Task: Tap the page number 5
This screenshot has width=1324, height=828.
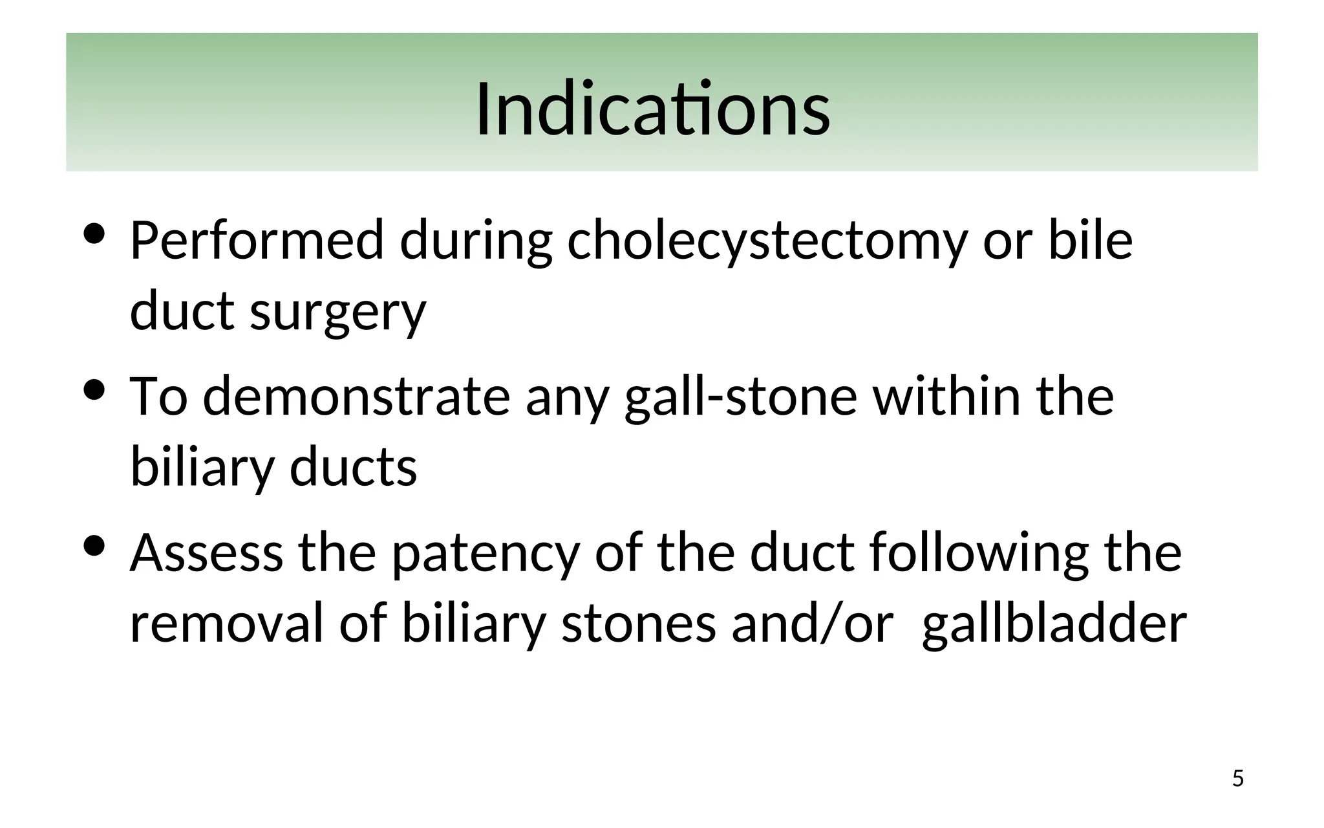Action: [x=1237, y=778]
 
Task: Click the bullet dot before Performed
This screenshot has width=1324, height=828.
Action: [x=94, y=234]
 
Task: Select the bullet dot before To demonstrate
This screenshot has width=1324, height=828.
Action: [x=94, y=390]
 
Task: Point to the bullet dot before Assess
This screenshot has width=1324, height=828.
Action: [x=94, y=546]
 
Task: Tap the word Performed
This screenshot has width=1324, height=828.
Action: [x=257, y=241]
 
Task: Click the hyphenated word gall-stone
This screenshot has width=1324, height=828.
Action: [x=741, y=397]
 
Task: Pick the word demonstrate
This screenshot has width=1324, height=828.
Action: [x=356, y=396]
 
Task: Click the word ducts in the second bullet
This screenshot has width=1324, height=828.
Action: [x=353, y=467]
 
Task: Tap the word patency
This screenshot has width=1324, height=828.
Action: [x=485, y=554]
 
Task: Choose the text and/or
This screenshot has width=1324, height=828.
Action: [x=812, y=624]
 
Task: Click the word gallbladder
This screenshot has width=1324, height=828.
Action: [x=1054, y=625]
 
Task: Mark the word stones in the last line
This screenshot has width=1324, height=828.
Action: [x=639, y=624]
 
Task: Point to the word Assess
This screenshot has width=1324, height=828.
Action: [x=206, y=552]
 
